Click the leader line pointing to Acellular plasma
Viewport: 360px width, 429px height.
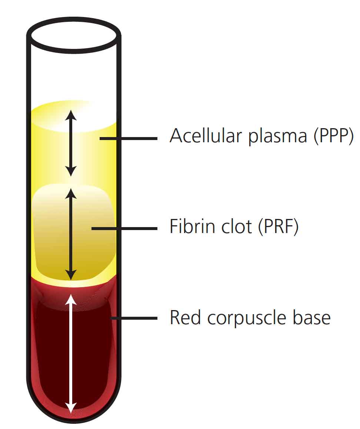click(x=128, y=139)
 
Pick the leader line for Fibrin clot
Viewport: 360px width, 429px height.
click(x=124, y=229)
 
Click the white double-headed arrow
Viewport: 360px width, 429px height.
click(x=71, y=352)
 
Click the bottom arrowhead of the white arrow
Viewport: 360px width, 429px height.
click(x=71, y=408)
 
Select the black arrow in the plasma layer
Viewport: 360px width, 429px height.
click(x=71, y=143)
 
